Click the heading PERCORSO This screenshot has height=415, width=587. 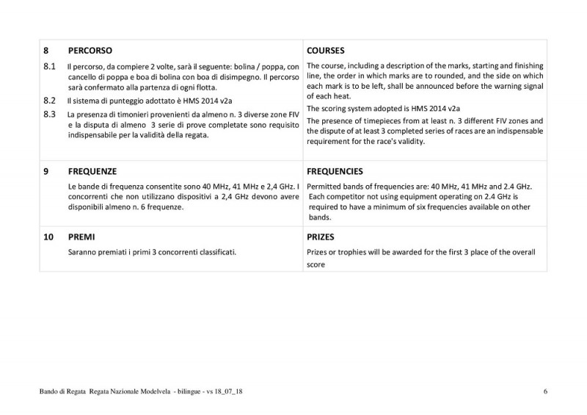click(90, 52)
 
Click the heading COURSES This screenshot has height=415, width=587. click(327, 52)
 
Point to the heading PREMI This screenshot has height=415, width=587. click(81, 238)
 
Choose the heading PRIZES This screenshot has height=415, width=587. click(322, 238)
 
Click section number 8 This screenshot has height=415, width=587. click(46, 52)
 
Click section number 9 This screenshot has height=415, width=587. click(46, 171)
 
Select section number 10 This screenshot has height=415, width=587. click(48, 238)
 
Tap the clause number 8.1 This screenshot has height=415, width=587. click(50, 67)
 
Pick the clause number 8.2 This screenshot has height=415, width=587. click(50, 99)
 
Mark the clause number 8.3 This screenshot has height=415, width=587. click(50, 115)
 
